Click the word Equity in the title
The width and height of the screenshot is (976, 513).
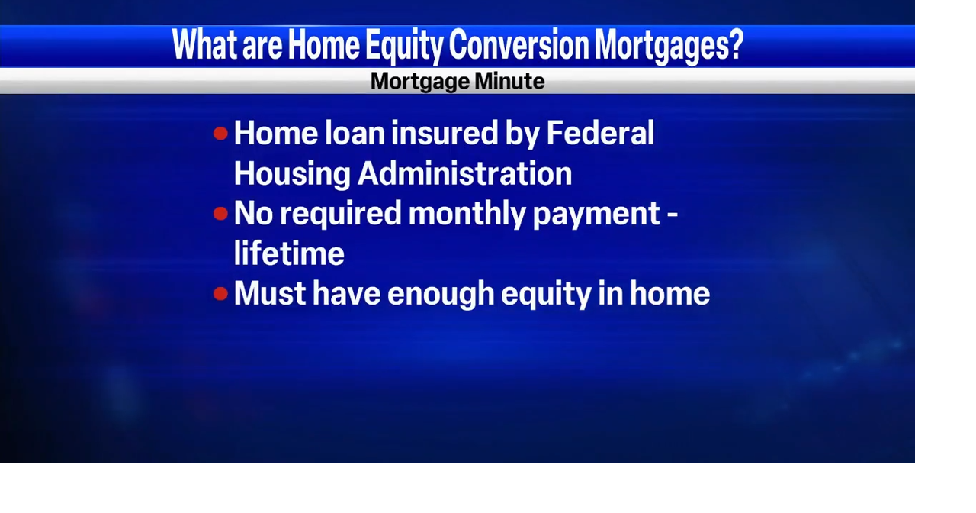pyautogui.click(x=404, y=46)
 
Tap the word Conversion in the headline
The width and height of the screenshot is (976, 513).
pyautogui.click(x=519, y=46)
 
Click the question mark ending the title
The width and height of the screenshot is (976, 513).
pyautogui.click(x=736, y=46)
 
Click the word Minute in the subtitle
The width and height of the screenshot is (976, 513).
pyautogui.click(x=510, y=82)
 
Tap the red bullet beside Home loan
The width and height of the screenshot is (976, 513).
pyautogui.click(x=221, y=134)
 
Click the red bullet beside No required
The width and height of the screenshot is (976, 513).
pyautogui.click(x=221, y=214)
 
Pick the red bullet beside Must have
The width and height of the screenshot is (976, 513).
pyautogui.click(x=221, y=294)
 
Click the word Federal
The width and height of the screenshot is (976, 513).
pyautogui.click(x=600, y=134)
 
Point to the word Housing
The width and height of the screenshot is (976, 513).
pyautogui.click(x=292, y=174)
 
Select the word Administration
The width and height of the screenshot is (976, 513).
pyautogui.click(x=465, y=174)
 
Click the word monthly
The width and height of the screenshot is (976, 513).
pyautogui.click(x=467, y=214)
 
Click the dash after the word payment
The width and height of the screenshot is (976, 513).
pyautogui.click(x=671, y=215)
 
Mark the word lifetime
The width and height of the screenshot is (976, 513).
pyautogui.click(x=289, y=254)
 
